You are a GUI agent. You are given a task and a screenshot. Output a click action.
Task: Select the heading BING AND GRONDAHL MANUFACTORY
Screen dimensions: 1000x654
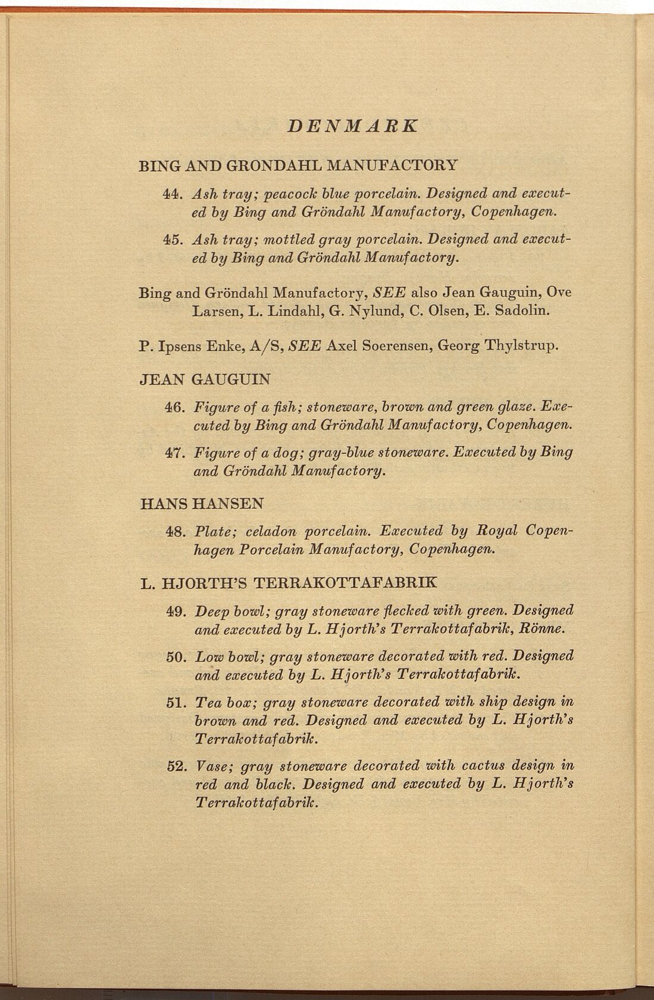click(x=298, y=165)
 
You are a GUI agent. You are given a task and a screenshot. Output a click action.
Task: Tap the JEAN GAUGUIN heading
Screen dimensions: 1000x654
click(x=205, y=379)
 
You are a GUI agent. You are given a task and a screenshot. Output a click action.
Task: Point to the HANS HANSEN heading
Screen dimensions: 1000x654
click(x=201, y=504)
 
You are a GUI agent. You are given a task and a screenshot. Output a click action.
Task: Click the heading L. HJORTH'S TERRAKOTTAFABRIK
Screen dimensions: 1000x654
click(x=287, y=582)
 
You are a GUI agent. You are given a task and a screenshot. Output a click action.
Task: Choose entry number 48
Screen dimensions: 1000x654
click(x=171, y=530)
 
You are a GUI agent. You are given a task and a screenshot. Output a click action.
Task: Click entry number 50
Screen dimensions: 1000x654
click(x=176, y=657)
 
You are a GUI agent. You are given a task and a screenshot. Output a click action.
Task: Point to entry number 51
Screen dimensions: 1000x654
click(x=176, y=702)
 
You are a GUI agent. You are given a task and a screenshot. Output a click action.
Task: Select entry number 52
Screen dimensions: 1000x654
click(x=176, y=765)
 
